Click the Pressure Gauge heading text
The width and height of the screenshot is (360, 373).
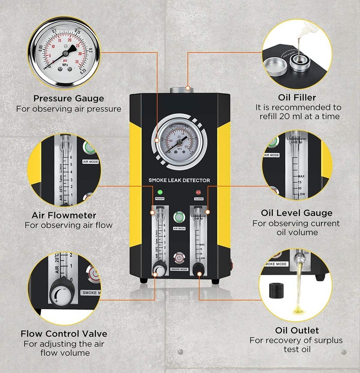coord(69,98)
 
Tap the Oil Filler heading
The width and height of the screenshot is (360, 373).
coord(297,97)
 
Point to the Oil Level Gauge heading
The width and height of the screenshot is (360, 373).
coord(297,213)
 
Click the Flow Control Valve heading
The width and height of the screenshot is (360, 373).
coord(64,333)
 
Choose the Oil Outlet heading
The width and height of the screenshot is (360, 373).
coord(297,330)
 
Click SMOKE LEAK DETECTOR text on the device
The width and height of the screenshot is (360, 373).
coord(179,180)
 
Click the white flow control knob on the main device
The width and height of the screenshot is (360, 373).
coord(158,270)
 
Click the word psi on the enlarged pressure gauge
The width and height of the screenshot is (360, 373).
coord(64,59)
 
